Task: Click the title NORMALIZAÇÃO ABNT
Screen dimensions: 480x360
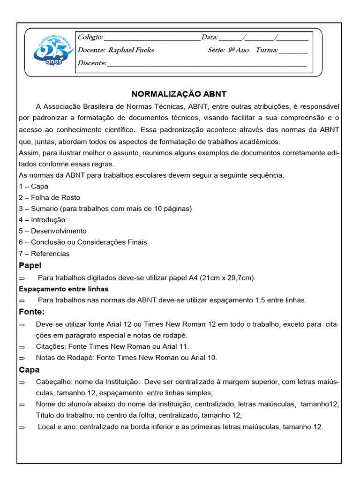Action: pos(179,94)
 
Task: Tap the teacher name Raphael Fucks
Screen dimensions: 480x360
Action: pos(131,50)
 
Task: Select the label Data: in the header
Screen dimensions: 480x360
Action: pos(209,37)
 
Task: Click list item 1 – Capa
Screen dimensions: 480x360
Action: pos(34,186)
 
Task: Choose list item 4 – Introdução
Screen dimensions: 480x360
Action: pos(42,220)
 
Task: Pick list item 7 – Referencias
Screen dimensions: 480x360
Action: pos(44,254)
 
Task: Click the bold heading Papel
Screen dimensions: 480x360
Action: pos(30,266)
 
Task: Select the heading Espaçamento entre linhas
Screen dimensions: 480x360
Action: pos(64,289)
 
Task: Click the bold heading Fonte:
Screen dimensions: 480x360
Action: pos(31,312)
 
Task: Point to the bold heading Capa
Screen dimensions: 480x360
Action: pos(29,370)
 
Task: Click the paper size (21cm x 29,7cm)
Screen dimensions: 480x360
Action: pos(227,277)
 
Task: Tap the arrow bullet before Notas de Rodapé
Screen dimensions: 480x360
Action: pos(22,358)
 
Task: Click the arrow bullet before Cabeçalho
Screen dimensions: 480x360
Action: pos(22,382)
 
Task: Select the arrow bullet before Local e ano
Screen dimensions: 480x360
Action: pos(22,427)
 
